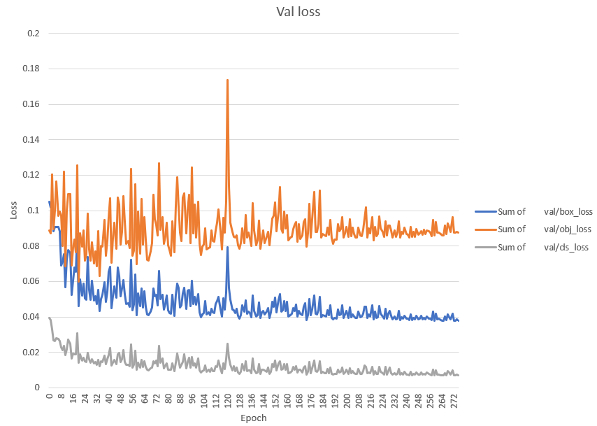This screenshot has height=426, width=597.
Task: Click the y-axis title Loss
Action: click(14, 211)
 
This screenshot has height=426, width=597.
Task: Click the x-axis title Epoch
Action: click(252, 418)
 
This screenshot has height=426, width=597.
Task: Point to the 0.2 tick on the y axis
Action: click(34, 33)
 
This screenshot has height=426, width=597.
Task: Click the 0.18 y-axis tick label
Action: click(31, 69)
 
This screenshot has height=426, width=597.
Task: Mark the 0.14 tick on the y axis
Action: click(31, 140)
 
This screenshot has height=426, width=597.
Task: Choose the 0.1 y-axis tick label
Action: click(34, 211)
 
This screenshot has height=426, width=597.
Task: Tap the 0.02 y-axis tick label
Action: click(31, 353)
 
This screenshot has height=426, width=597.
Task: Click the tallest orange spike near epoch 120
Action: click(227, 80)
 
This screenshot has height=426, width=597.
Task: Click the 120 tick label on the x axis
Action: click(227, 400)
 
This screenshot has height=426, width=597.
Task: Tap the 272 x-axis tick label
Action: click(454, 400)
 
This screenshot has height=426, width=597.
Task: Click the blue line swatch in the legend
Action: click(484, 211)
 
